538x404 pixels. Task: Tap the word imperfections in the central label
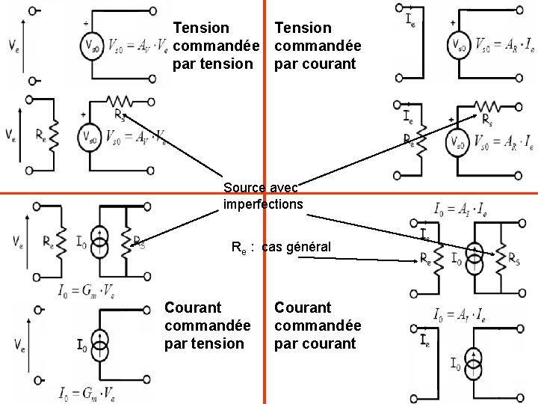point(263,203)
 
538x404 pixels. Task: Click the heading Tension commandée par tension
point(212,46)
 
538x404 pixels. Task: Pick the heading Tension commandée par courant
point(318,46)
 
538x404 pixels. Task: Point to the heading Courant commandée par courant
point(318,325)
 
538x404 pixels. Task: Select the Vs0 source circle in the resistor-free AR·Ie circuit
point(458,46)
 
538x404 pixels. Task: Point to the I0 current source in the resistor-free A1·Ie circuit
point(473,364)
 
